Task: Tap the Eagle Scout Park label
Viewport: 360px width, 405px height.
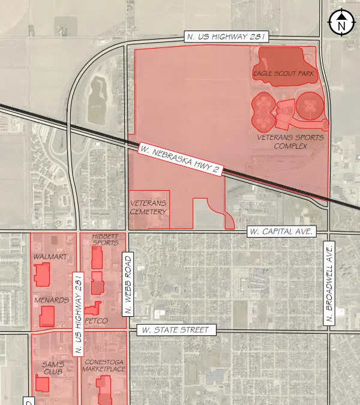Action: (284, 74)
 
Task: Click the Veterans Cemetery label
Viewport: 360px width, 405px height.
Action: (148, 207)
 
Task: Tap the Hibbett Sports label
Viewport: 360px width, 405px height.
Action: (106, 239)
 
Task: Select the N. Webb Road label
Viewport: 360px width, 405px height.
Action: (127, 284)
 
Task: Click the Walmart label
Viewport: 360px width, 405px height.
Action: (50, 257)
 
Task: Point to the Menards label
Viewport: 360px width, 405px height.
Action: (51, 300)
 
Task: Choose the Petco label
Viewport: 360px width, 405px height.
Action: (96, 321)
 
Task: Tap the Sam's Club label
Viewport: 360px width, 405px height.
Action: (53, 368)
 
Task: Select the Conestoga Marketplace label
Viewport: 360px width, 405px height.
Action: (104, 365)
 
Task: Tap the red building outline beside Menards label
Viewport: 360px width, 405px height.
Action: (47, 316)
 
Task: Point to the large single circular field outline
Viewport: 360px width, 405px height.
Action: (309, 106)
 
